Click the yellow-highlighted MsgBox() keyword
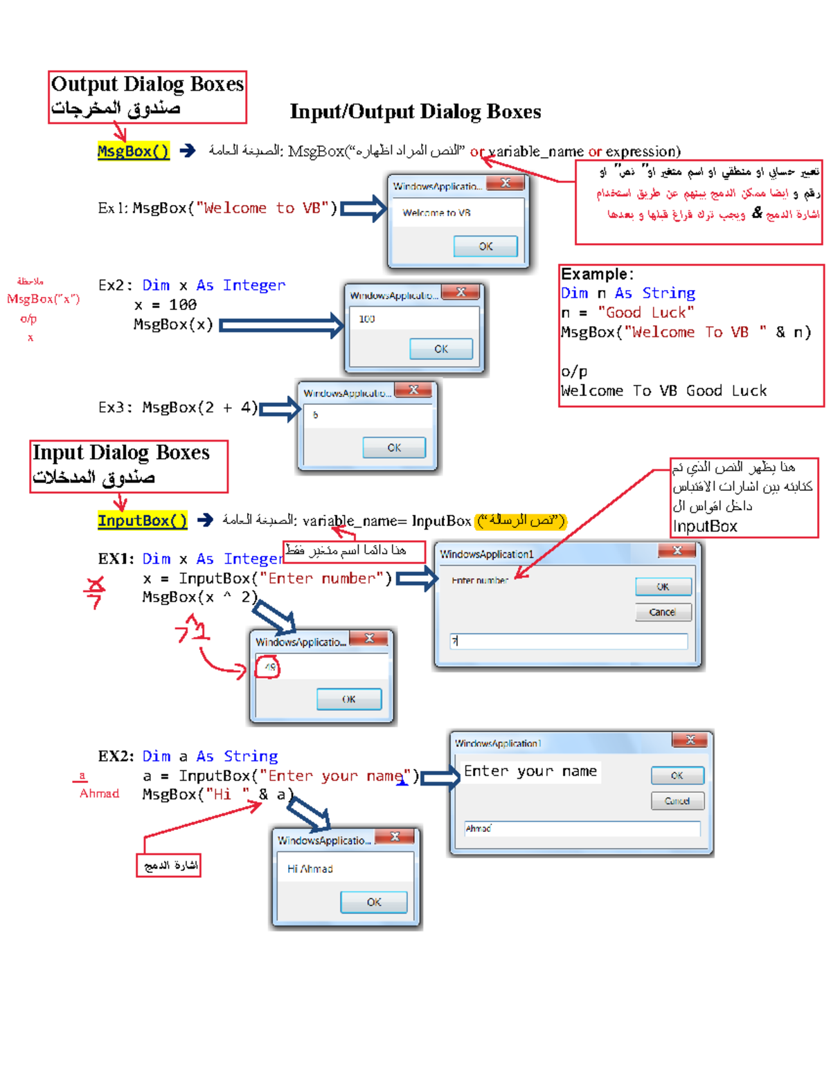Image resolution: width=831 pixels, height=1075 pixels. [133, 151]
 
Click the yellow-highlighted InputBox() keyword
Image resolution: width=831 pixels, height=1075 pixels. [142, 521]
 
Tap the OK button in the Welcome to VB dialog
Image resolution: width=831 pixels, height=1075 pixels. [485, 246]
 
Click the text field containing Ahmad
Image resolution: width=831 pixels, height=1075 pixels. [582, 829]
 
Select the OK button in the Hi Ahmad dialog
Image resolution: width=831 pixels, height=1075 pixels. [373, 902]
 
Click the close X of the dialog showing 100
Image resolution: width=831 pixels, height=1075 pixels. [461, 292]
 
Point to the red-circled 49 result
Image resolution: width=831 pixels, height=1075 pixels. [269, 667]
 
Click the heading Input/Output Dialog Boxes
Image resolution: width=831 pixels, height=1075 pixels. [415, 111]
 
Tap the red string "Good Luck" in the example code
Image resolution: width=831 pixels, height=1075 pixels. [645, 312]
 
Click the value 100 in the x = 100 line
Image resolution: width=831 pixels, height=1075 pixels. [183, 305]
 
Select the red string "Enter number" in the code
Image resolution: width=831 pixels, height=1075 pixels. [321, 578]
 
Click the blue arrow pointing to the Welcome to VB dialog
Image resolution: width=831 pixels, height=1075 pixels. [363, 208]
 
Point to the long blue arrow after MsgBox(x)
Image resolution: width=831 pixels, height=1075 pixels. [281, 325]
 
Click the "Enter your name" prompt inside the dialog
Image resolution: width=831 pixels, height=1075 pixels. [530, 771]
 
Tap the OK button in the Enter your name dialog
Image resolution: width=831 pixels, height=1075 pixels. [677, 775]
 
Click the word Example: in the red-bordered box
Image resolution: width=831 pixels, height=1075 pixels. [596, 274]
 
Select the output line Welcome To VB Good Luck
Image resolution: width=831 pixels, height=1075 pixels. [663, 390]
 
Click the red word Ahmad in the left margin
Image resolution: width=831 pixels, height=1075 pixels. [99, 793]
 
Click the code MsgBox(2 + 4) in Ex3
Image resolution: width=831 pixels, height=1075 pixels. [199, 408]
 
